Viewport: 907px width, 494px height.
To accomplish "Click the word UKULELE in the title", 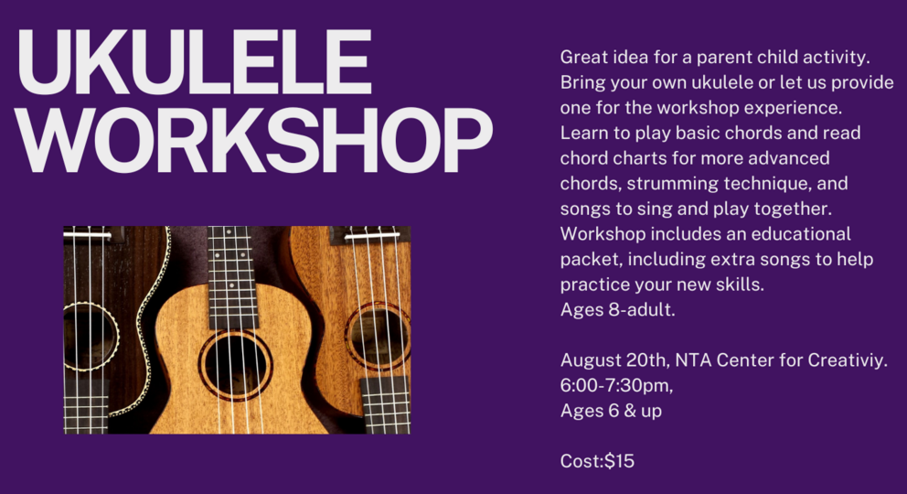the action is [195, 62].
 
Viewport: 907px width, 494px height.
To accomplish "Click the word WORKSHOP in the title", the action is [254, 141].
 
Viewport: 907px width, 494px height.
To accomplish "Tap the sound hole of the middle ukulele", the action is [235, 365].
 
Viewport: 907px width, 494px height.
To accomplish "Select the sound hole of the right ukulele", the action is [378, 336].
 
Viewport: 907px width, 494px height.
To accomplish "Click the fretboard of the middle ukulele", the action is [233, 278].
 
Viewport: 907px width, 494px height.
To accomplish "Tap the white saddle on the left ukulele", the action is [88, 235].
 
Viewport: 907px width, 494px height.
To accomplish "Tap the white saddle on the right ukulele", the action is [372, 235].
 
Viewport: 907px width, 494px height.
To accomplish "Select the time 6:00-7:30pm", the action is [616, 385].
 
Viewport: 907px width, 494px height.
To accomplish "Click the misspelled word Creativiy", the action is [848, 360].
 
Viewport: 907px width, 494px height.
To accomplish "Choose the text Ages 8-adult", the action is [618, 310].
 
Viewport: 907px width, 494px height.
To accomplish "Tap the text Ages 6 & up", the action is [611, 412].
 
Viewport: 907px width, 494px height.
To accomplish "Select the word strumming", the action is [672, 184].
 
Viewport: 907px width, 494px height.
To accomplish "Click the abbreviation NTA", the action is [693, 360].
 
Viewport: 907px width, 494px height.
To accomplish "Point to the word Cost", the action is [582, 461].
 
